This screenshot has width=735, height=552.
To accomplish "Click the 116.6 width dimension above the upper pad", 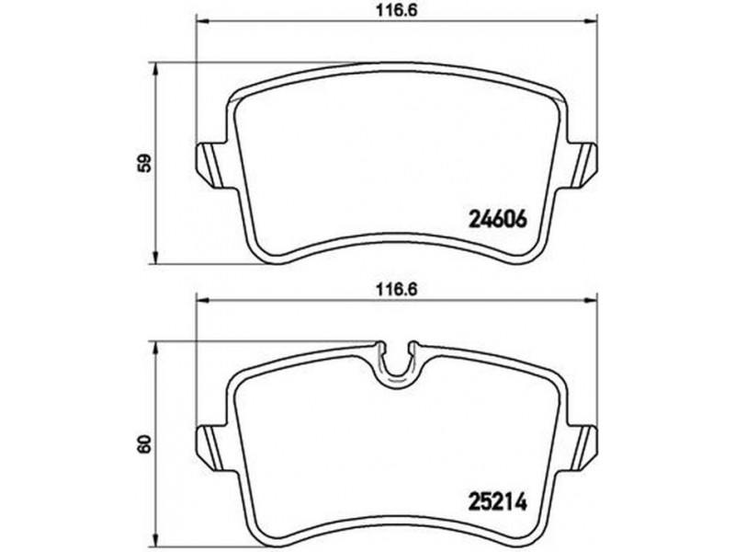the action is pyautogui.click(x=397, y=10).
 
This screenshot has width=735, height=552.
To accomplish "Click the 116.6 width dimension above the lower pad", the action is pyautogui.click(x=397, y=290).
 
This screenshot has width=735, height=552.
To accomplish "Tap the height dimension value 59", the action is pyautogui.click(x=146, y=163).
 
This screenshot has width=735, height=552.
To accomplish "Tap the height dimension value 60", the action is pyautogui.click(x=146, y=443).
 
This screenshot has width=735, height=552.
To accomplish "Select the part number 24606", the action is pyautogui.click(x=498, y=218).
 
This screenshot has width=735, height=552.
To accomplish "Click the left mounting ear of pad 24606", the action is pyautogui.click(x=210, y=165).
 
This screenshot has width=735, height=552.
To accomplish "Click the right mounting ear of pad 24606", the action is pyautogui.click(x=582, y=165).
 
